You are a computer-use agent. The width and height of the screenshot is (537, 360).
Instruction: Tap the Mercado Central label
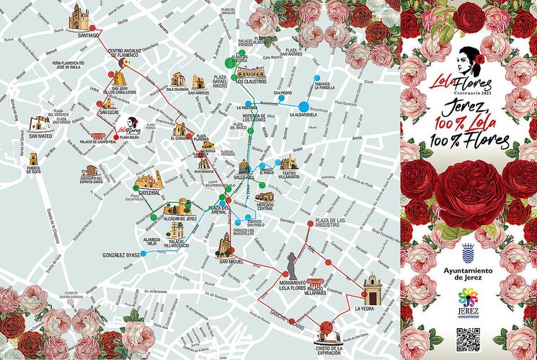270,207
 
